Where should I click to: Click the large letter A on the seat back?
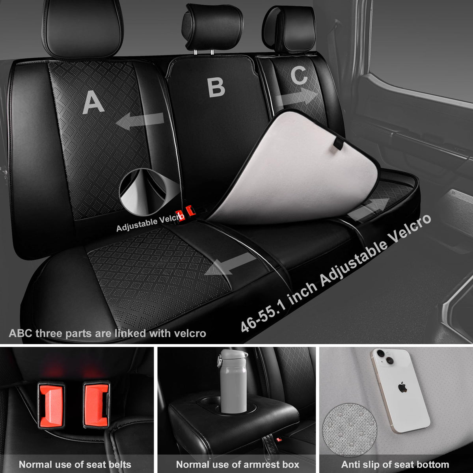coord(93,102)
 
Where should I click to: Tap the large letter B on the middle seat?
coord(216,88)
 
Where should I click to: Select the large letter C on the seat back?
coord(299,75)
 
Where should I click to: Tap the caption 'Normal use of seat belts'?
coord(75,464)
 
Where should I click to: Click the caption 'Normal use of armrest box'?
coord(238,464)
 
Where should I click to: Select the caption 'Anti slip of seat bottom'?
coord(395,464)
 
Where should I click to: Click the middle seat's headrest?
coord(212,27)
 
